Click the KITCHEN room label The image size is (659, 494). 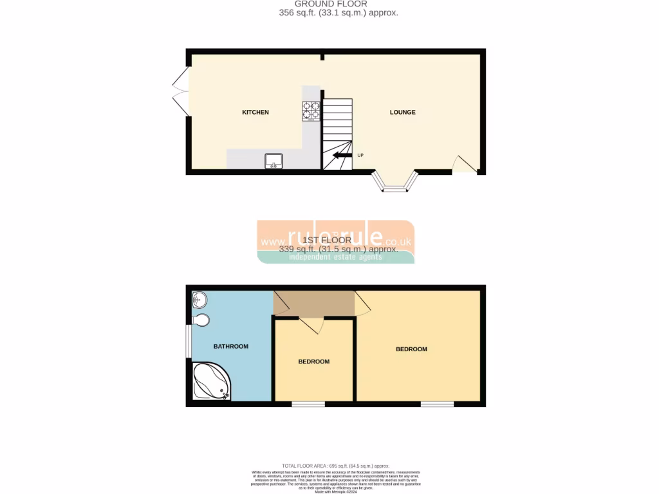pyautogui.click(x=255, y=113)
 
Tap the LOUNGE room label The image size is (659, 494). pyautogui.click(x=402, y=113)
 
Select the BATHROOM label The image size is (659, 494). pyautogui.click(x=230, y=347)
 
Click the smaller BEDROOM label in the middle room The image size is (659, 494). pyautogui.click(x=313, y=361)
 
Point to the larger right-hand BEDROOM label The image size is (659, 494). pyautogui.click(x=411, y=349)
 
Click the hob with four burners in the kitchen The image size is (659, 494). pyautogui.click(x=311, y=111)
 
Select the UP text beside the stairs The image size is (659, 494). pyautogui.click(x=360, y=155)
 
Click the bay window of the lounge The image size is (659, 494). pyautogui.click(x=396, y=185)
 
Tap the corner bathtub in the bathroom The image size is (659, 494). pyautogui.click(x=210, y=382)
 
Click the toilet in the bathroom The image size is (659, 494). pyautogui.click(x=201, y=320)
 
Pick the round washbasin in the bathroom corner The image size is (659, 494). pyautogui.click(x=199, y=299)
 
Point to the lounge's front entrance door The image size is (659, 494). pyautogui.click(x=465, y=166)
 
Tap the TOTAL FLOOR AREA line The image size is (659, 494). pyautogui.click(x=335, y=465)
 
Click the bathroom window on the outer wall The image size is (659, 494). pyautogui.click(x=189, y=340)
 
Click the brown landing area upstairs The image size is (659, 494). pyautogui.click(x=314, y=303)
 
